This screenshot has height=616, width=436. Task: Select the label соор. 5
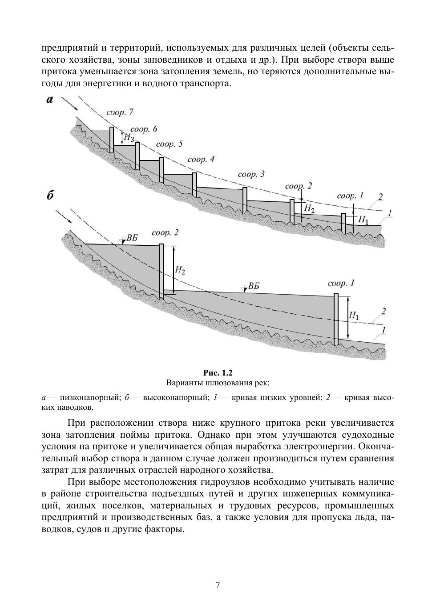click(170, 144)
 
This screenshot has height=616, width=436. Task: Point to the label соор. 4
click(201, 159)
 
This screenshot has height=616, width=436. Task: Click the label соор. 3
click(251, 174)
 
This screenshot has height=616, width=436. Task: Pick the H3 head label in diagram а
click(129, 138)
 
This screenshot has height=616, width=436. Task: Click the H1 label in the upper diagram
click(363, 220)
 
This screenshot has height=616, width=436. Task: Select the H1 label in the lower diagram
click(354, 315)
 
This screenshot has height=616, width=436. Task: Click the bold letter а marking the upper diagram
click(50, 100)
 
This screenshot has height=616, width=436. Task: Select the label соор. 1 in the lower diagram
click(341, 283)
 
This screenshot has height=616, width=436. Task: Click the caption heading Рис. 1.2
click(218, 372)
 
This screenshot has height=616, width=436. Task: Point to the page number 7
click(218, 585)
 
